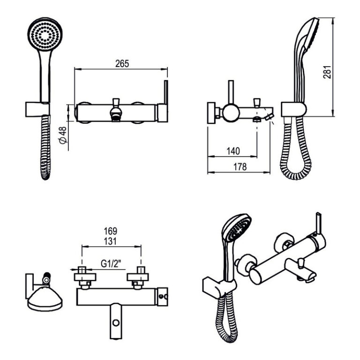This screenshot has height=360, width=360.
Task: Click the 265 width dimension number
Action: click(x=122, y=64)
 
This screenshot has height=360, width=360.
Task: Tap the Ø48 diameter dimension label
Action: click(x=63, y=135)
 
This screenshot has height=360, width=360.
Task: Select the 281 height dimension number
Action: click(x=327, y=72)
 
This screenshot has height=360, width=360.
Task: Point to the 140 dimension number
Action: click(x=233, y=151)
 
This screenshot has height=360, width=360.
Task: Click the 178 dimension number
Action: click(x=240, y=167)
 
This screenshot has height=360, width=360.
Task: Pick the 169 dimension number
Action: click(x=111, y=231)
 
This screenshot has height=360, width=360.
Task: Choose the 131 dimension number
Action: click(x=110, y=241)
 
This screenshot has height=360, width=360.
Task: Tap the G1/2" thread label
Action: click(x=111, y=264)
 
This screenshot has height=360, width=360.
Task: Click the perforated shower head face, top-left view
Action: click(x=45, y=34)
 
